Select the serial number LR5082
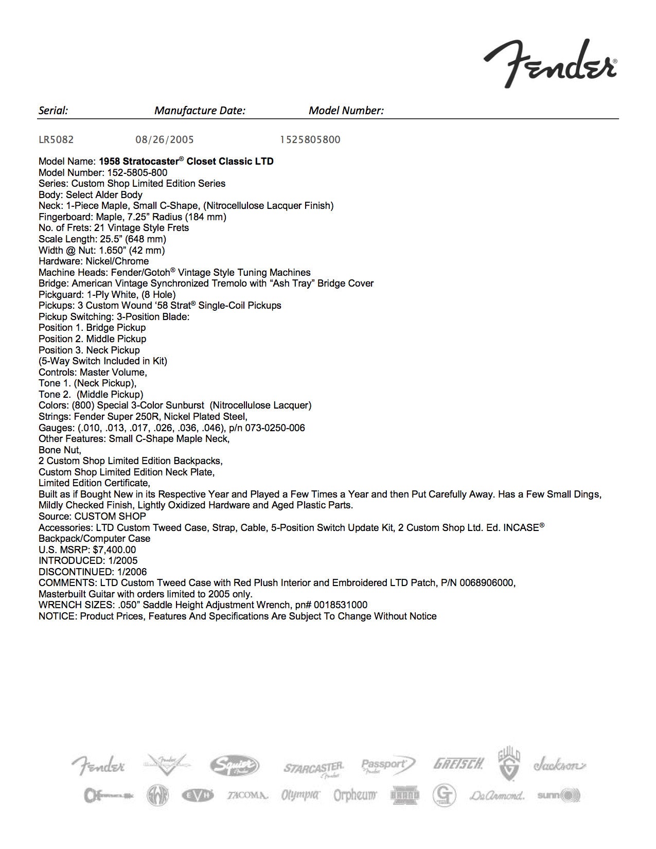56,139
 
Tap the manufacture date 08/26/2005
165,139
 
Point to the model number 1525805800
310,139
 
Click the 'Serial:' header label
54,110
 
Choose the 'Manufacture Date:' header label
200,110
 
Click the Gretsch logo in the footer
458,764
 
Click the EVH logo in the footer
198,795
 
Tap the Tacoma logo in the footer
247,795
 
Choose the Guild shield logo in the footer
509,765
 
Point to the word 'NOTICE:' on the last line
58,616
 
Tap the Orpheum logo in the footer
355,795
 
